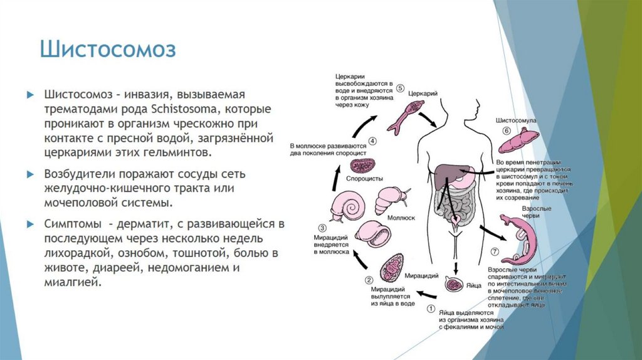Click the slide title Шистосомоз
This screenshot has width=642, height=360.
coord(108,50)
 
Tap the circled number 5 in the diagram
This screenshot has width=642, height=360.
coord(400,87)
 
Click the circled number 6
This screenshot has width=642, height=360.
coord(507,130)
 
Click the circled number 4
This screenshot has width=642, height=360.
coord(372,141)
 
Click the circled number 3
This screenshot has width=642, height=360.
coord(322,228)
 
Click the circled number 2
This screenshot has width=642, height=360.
coord(369,280)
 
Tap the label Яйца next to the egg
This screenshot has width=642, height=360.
coord(473,285)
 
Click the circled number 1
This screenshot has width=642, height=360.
coord(431,308)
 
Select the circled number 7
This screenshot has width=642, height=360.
coord(495,251)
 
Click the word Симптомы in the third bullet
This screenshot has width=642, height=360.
coord(72,224)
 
